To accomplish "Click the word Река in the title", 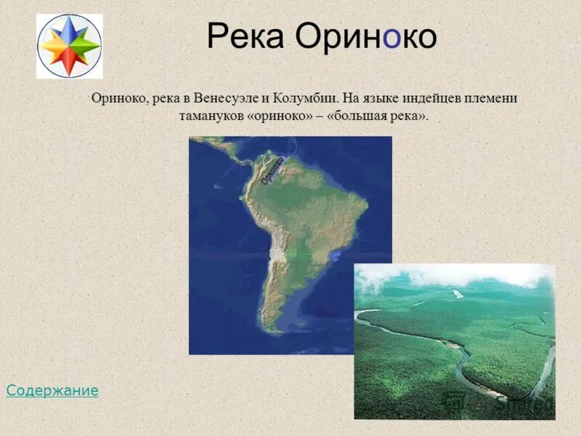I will (x=245, y=36).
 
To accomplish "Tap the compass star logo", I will (x=69, y=46).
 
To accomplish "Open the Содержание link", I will (x=52, y=391).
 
